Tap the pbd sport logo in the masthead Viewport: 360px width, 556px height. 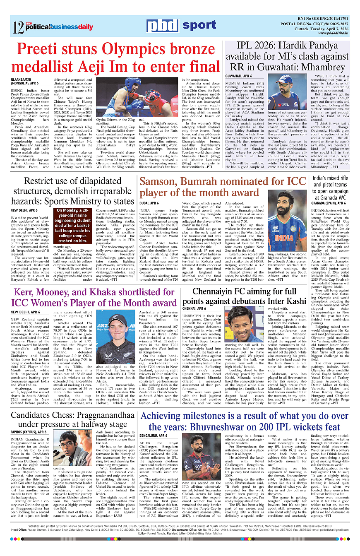tap(182, 26)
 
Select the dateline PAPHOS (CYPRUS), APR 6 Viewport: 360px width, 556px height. tap(29, 432)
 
